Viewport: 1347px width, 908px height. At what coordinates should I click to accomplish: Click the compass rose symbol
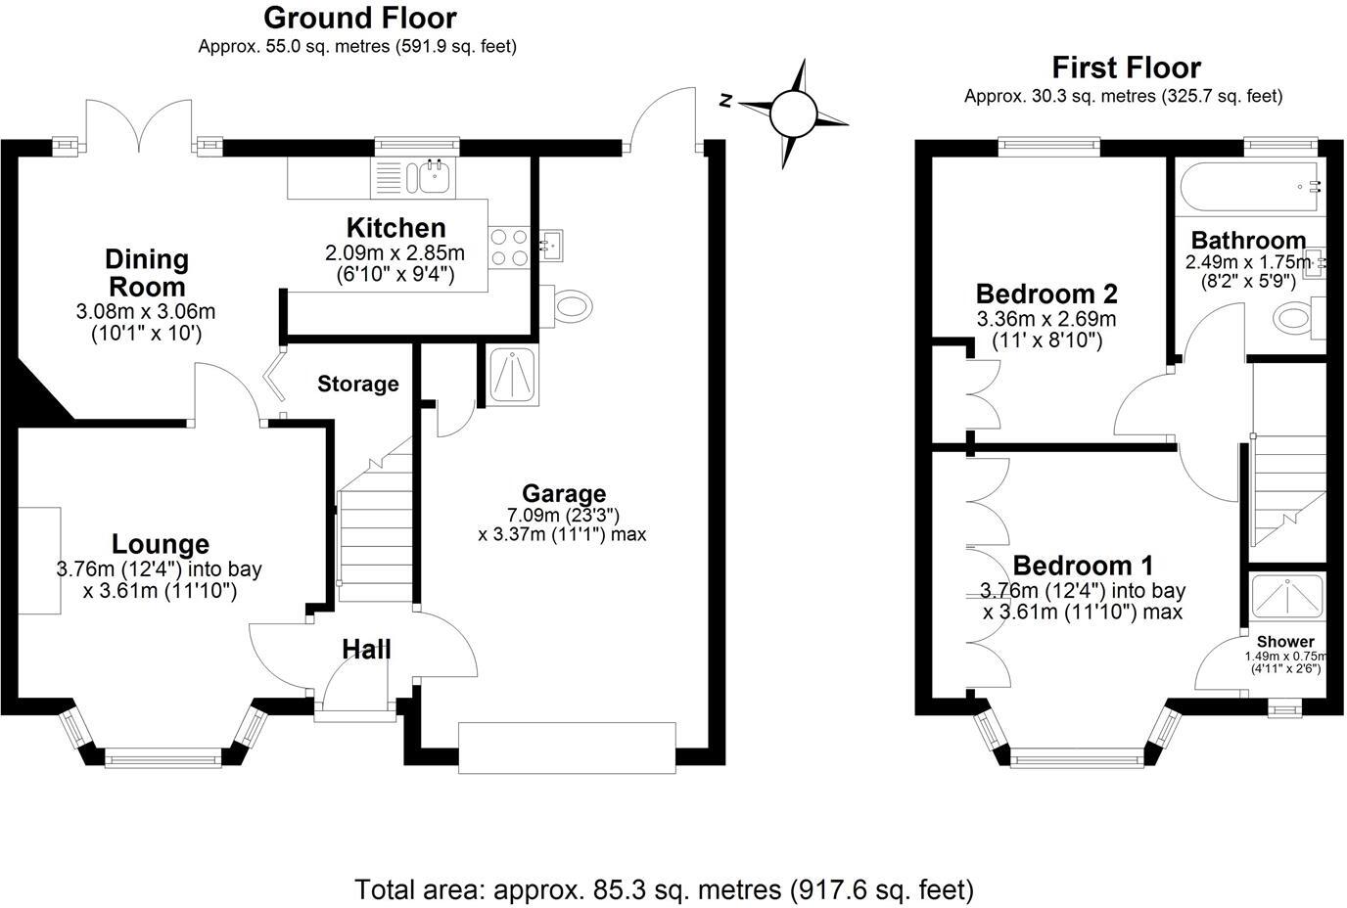point(793,113)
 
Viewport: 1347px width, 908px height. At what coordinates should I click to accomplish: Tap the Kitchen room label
point(395,228)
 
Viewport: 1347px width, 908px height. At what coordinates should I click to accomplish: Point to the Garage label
point(563,494)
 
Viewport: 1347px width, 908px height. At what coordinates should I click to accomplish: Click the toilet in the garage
point(571,305)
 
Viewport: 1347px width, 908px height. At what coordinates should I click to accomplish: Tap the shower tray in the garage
point(509,375)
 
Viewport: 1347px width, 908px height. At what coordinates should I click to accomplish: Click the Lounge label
point(160,544)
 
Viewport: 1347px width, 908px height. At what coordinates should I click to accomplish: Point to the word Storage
point(357,385)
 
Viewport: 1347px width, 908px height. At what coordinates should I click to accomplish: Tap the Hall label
point(366,649)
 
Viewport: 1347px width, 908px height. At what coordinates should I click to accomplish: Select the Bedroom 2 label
point(1045,294)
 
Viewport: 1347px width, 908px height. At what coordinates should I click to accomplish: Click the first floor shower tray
point(1287,599)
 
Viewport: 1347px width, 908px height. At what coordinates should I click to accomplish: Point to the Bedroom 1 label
point(1082,566)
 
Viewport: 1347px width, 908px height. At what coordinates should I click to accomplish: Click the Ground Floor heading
point(359,18)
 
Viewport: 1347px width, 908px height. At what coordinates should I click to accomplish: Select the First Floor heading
point(1126,68)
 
